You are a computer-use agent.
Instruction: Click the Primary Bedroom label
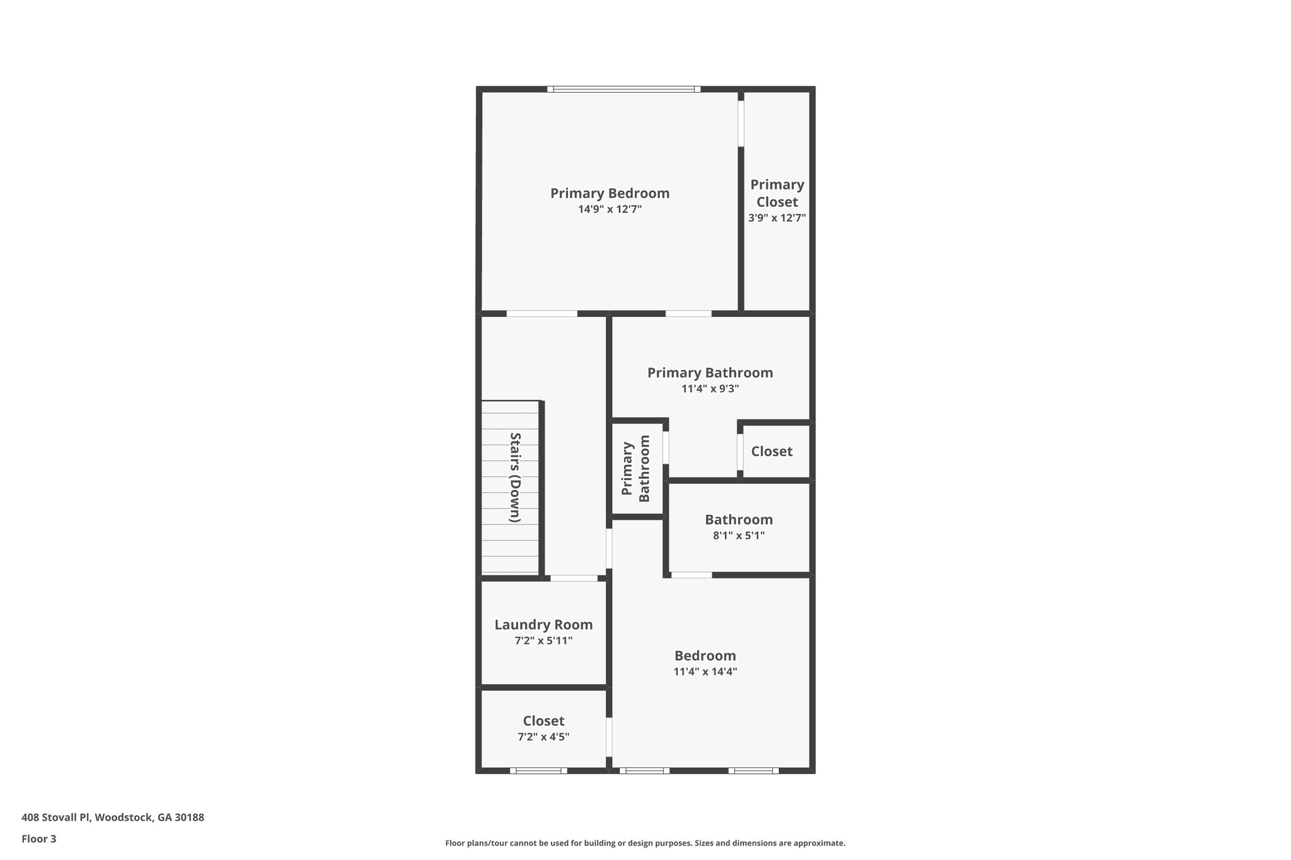610,193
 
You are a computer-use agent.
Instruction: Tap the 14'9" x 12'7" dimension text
610,209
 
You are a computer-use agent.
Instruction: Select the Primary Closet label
777,193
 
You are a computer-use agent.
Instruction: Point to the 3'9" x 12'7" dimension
777,218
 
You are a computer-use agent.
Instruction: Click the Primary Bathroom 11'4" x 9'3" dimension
710,389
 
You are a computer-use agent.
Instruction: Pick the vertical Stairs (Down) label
515,477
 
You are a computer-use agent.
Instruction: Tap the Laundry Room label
543,624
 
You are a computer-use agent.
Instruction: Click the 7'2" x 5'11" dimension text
543,641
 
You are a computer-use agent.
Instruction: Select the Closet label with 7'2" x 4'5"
543,721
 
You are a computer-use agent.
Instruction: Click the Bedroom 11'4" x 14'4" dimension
705,672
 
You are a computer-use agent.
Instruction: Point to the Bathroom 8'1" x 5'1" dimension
738,536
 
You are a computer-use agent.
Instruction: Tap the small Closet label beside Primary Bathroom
772,451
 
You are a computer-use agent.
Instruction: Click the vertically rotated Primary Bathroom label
635,468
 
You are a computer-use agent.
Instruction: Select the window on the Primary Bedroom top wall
623,89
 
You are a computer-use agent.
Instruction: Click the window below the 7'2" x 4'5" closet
538,770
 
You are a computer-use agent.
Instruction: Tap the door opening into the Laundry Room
574,578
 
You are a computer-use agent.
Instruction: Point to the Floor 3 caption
39,839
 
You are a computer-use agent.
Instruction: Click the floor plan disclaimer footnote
645,843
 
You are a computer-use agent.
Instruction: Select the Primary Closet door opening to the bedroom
741,123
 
